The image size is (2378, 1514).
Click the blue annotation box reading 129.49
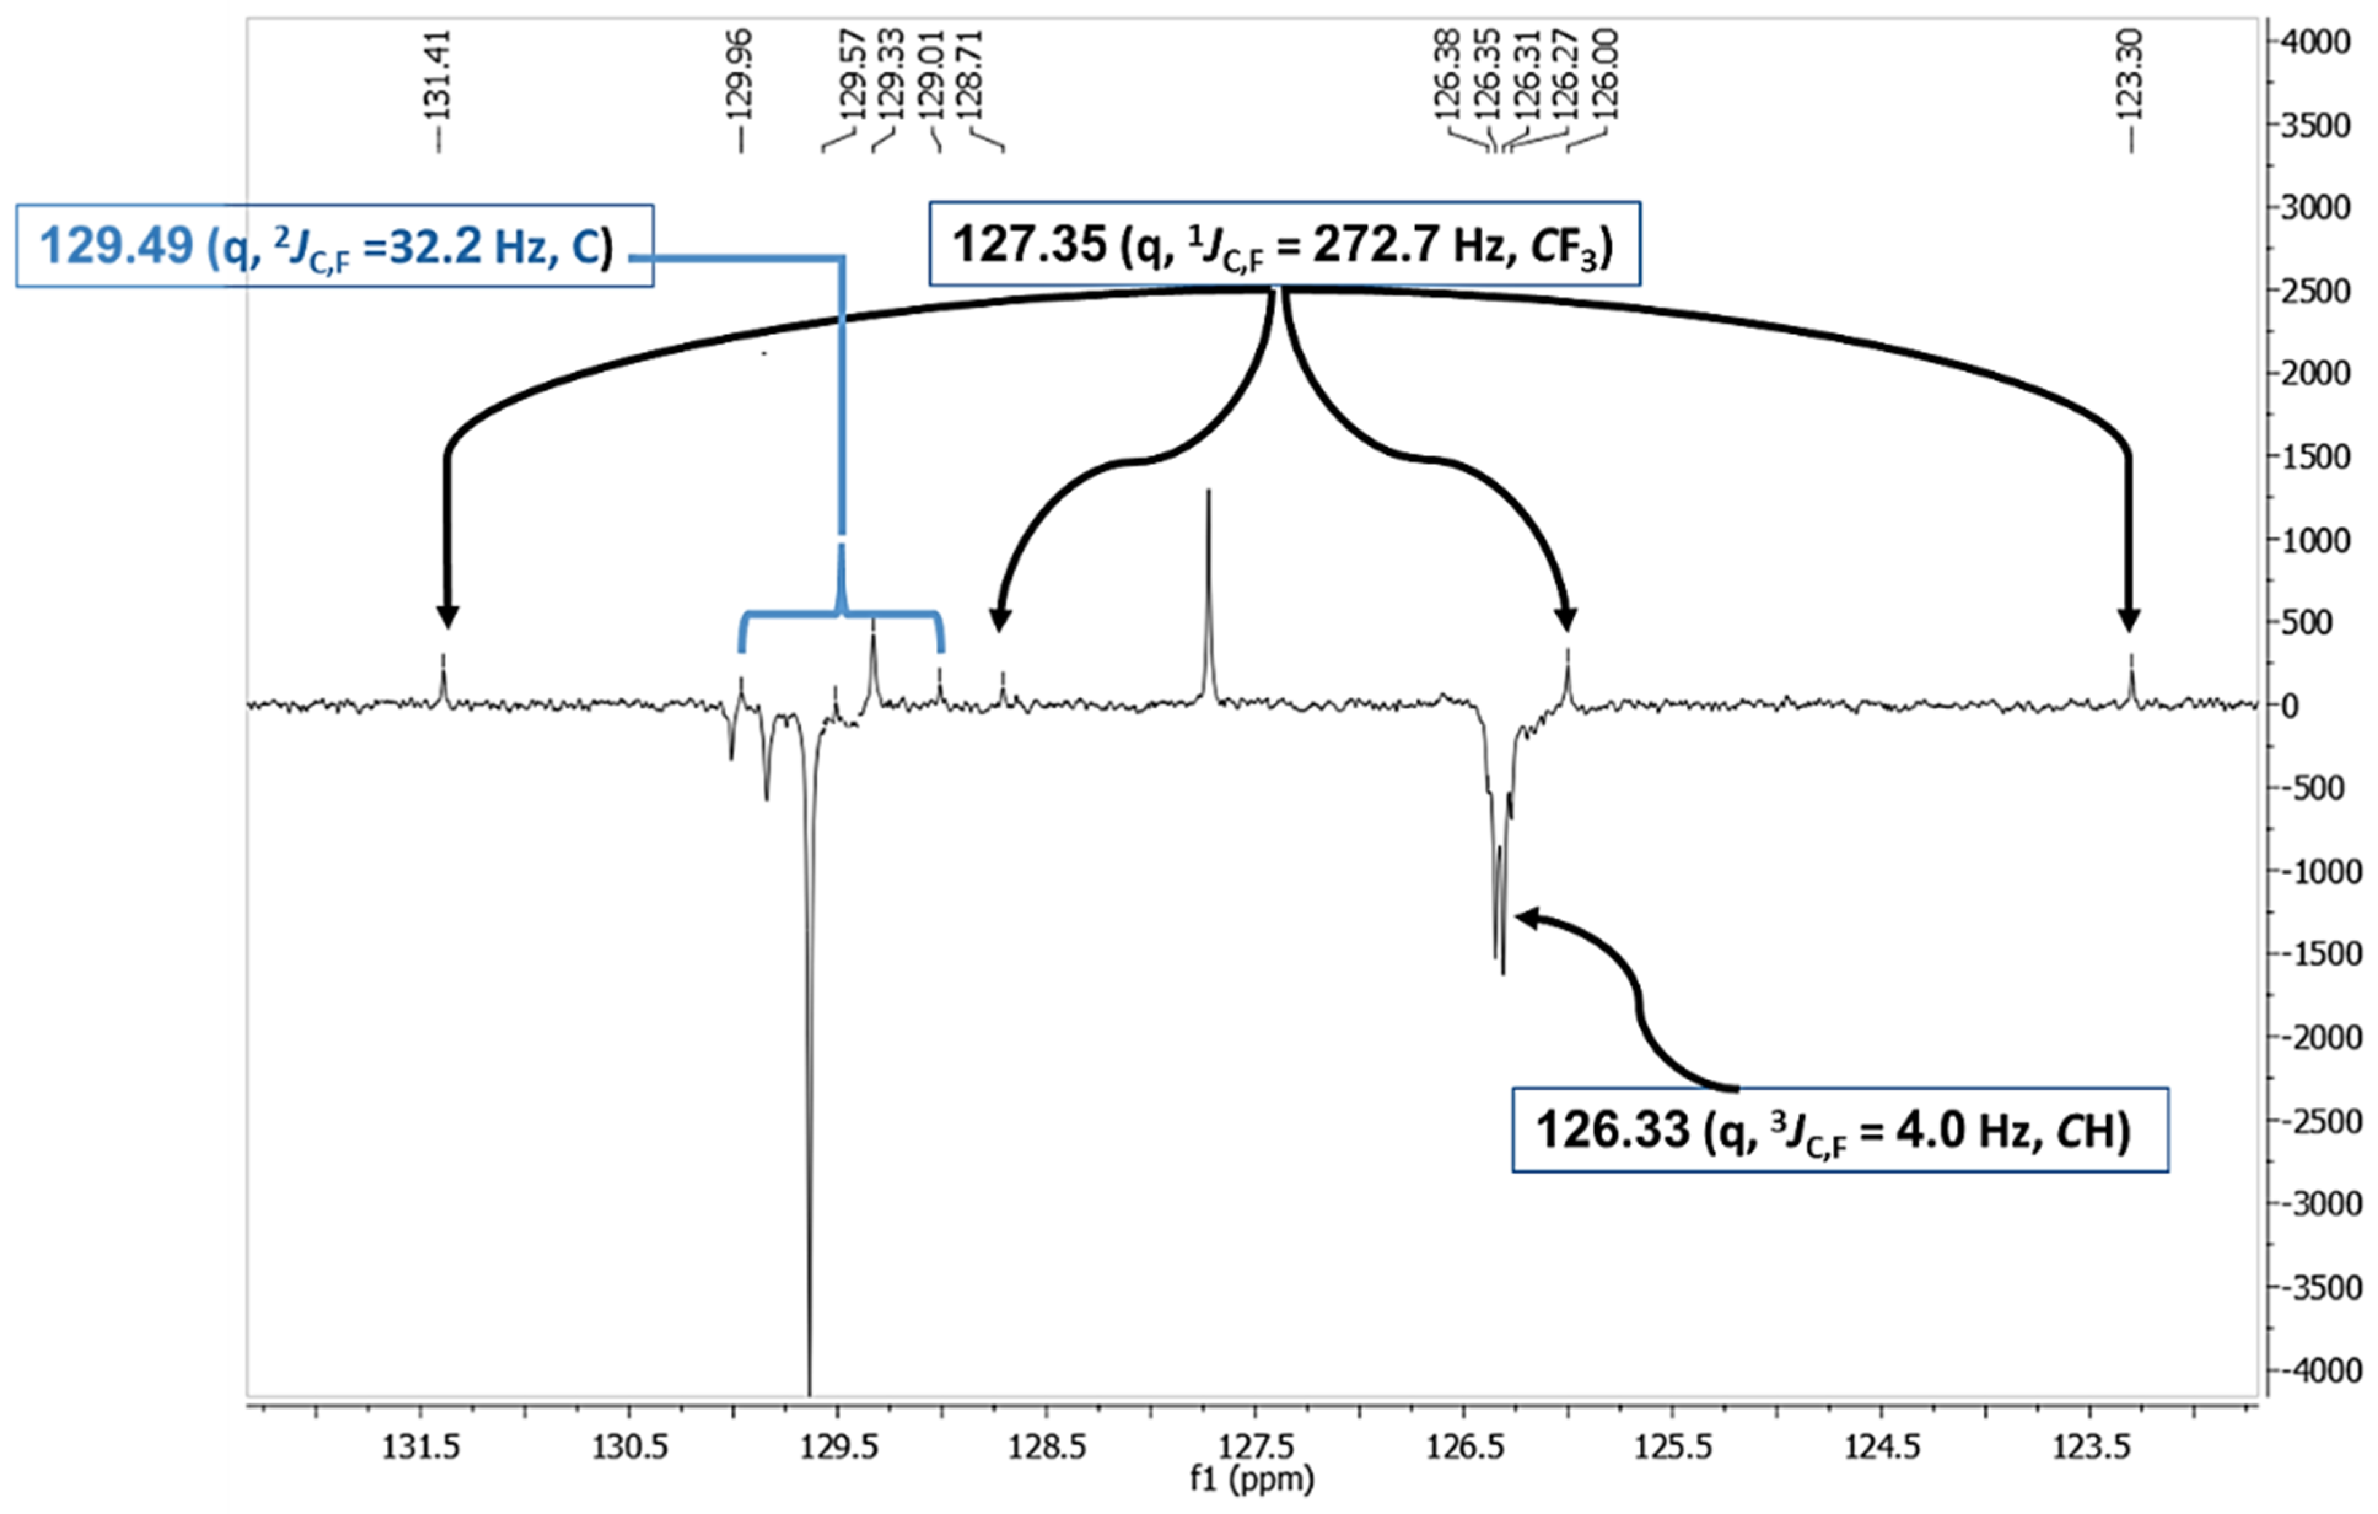point(334,246)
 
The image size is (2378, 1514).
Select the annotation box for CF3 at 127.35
point(1284,245)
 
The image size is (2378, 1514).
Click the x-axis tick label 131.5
point(422,1448)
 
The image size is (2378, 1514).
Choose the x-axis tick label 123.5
point(2089,1448)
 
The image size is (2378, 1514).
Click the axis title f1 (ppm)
point(1252,1480)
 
